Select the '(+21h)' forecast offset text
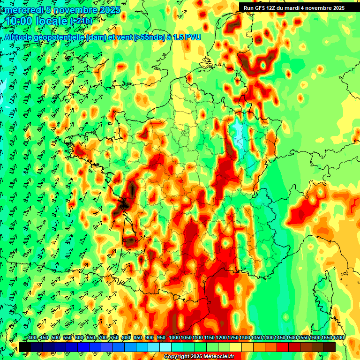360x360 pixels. (x=81, y=21)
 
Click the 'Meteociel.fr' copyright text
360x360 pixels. (x=216, y=357)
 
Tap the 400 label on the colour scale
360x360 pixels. (x=32, y=338)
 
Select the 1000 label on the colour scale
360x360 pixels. (x=174, y=338)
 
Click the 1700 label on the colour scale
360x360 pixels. (x=338, y=338)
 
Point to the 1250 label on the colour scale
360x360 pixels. (x=233, y=338)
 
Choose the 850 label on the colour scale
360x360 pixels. (x=138, y=338)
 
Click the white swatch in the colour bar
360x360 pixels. (x=165, y=347)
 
